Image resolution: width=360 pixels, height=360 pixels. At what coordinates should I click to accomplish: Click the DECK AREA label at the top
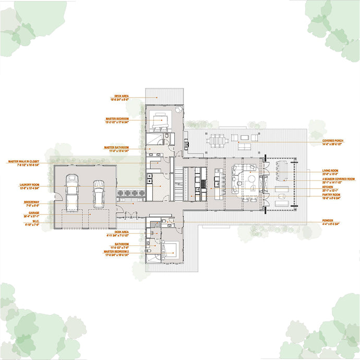[122, 97]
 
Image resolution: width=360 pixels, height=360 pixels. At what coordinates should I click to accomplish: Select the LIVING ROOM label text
[330, 171]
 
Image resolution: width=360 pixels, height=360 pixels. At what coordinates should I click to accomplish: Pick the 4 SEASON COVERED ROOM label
[338, 178]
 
